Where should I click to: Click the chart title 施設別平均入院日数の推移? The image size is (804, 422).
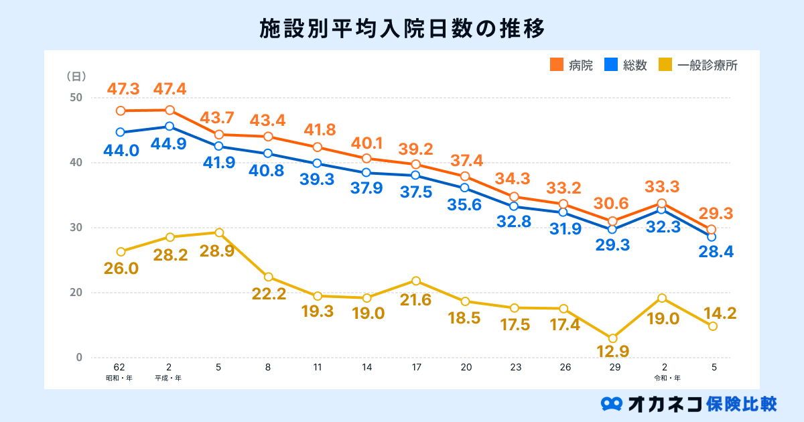coord(401,29)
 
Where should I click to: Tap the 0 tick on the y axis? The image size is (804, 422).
coord(78,358)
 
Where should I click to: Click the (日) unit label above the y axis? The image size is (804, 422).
coord(75,76)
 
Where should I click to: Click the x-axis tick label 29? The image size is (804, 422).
coord(614,368)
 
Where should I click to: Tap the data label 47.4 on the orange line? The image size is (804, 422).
coord(170,88)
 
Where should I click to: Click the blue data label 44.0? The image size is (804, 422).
coord(121,151)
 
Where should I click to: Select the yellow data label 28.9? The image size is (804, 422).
coord(219,252)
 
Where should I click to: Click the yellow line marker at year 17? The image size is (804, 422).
coord(416,281)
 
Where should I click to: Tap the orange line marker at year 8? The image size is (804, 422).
coord(268,137)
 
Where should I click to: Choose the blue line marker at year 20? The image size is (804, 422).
coord(465,188)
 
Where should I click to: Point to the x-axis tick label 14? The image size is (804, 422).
coord(366,368)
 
